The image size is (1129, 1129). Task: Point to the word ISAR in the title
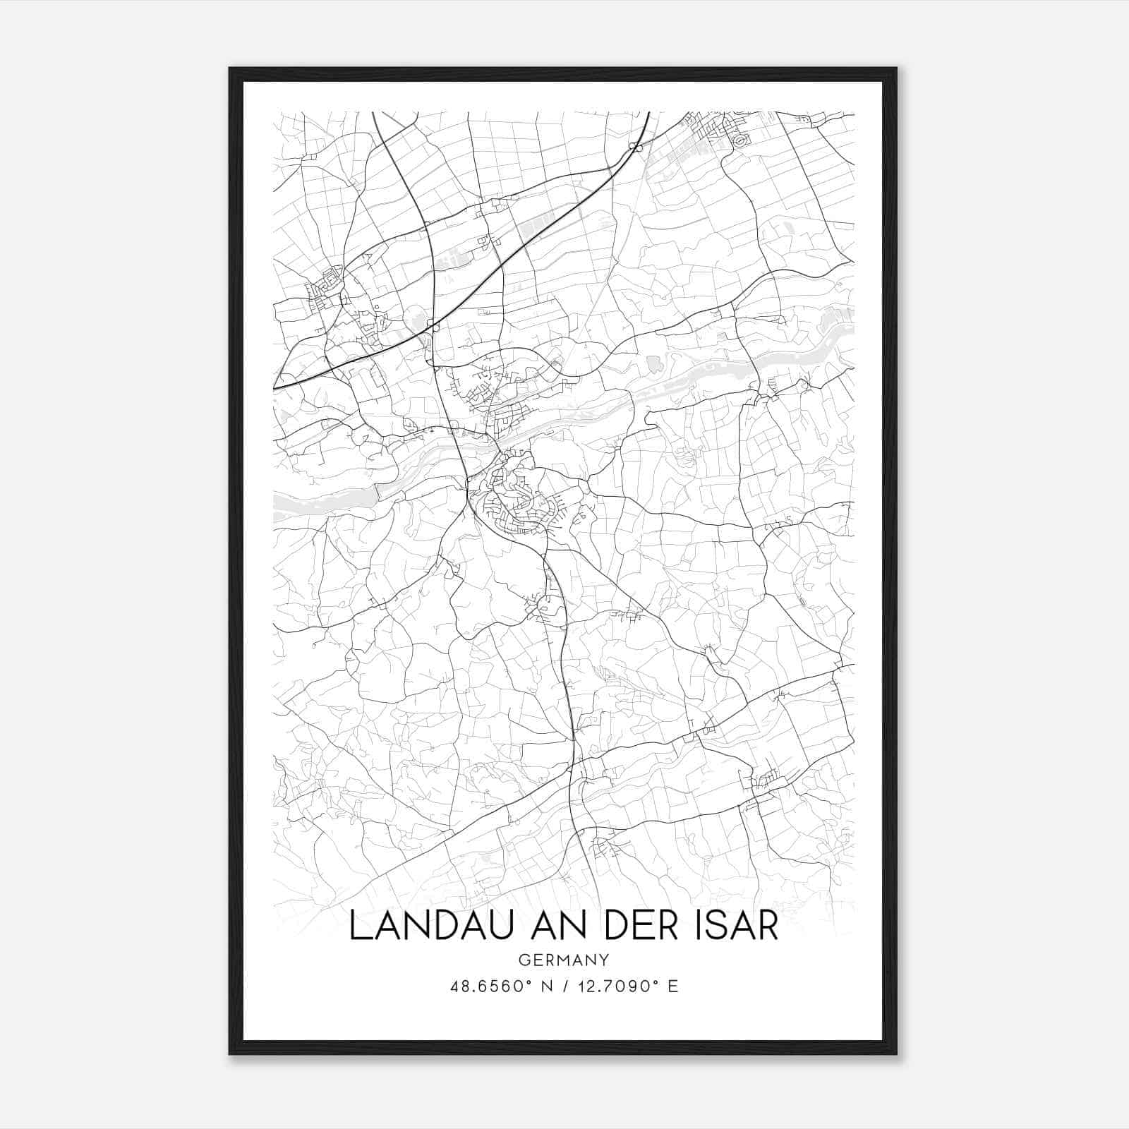(x=736, y=926)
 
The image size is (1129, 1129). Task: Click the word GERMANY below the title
(x=564, y=960)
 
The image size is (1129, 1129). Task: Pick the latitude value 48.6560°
(x=490, y=986)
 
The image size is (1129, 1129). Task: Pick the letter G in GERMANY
(x=524, y=960)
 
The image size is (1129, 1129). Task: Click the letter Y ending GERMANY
(x=605, y=960)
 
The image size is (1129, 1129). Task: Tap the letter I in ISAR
(x=697, y=926)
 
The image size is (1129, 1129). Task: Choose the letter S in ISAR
(x=715, y=926)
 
